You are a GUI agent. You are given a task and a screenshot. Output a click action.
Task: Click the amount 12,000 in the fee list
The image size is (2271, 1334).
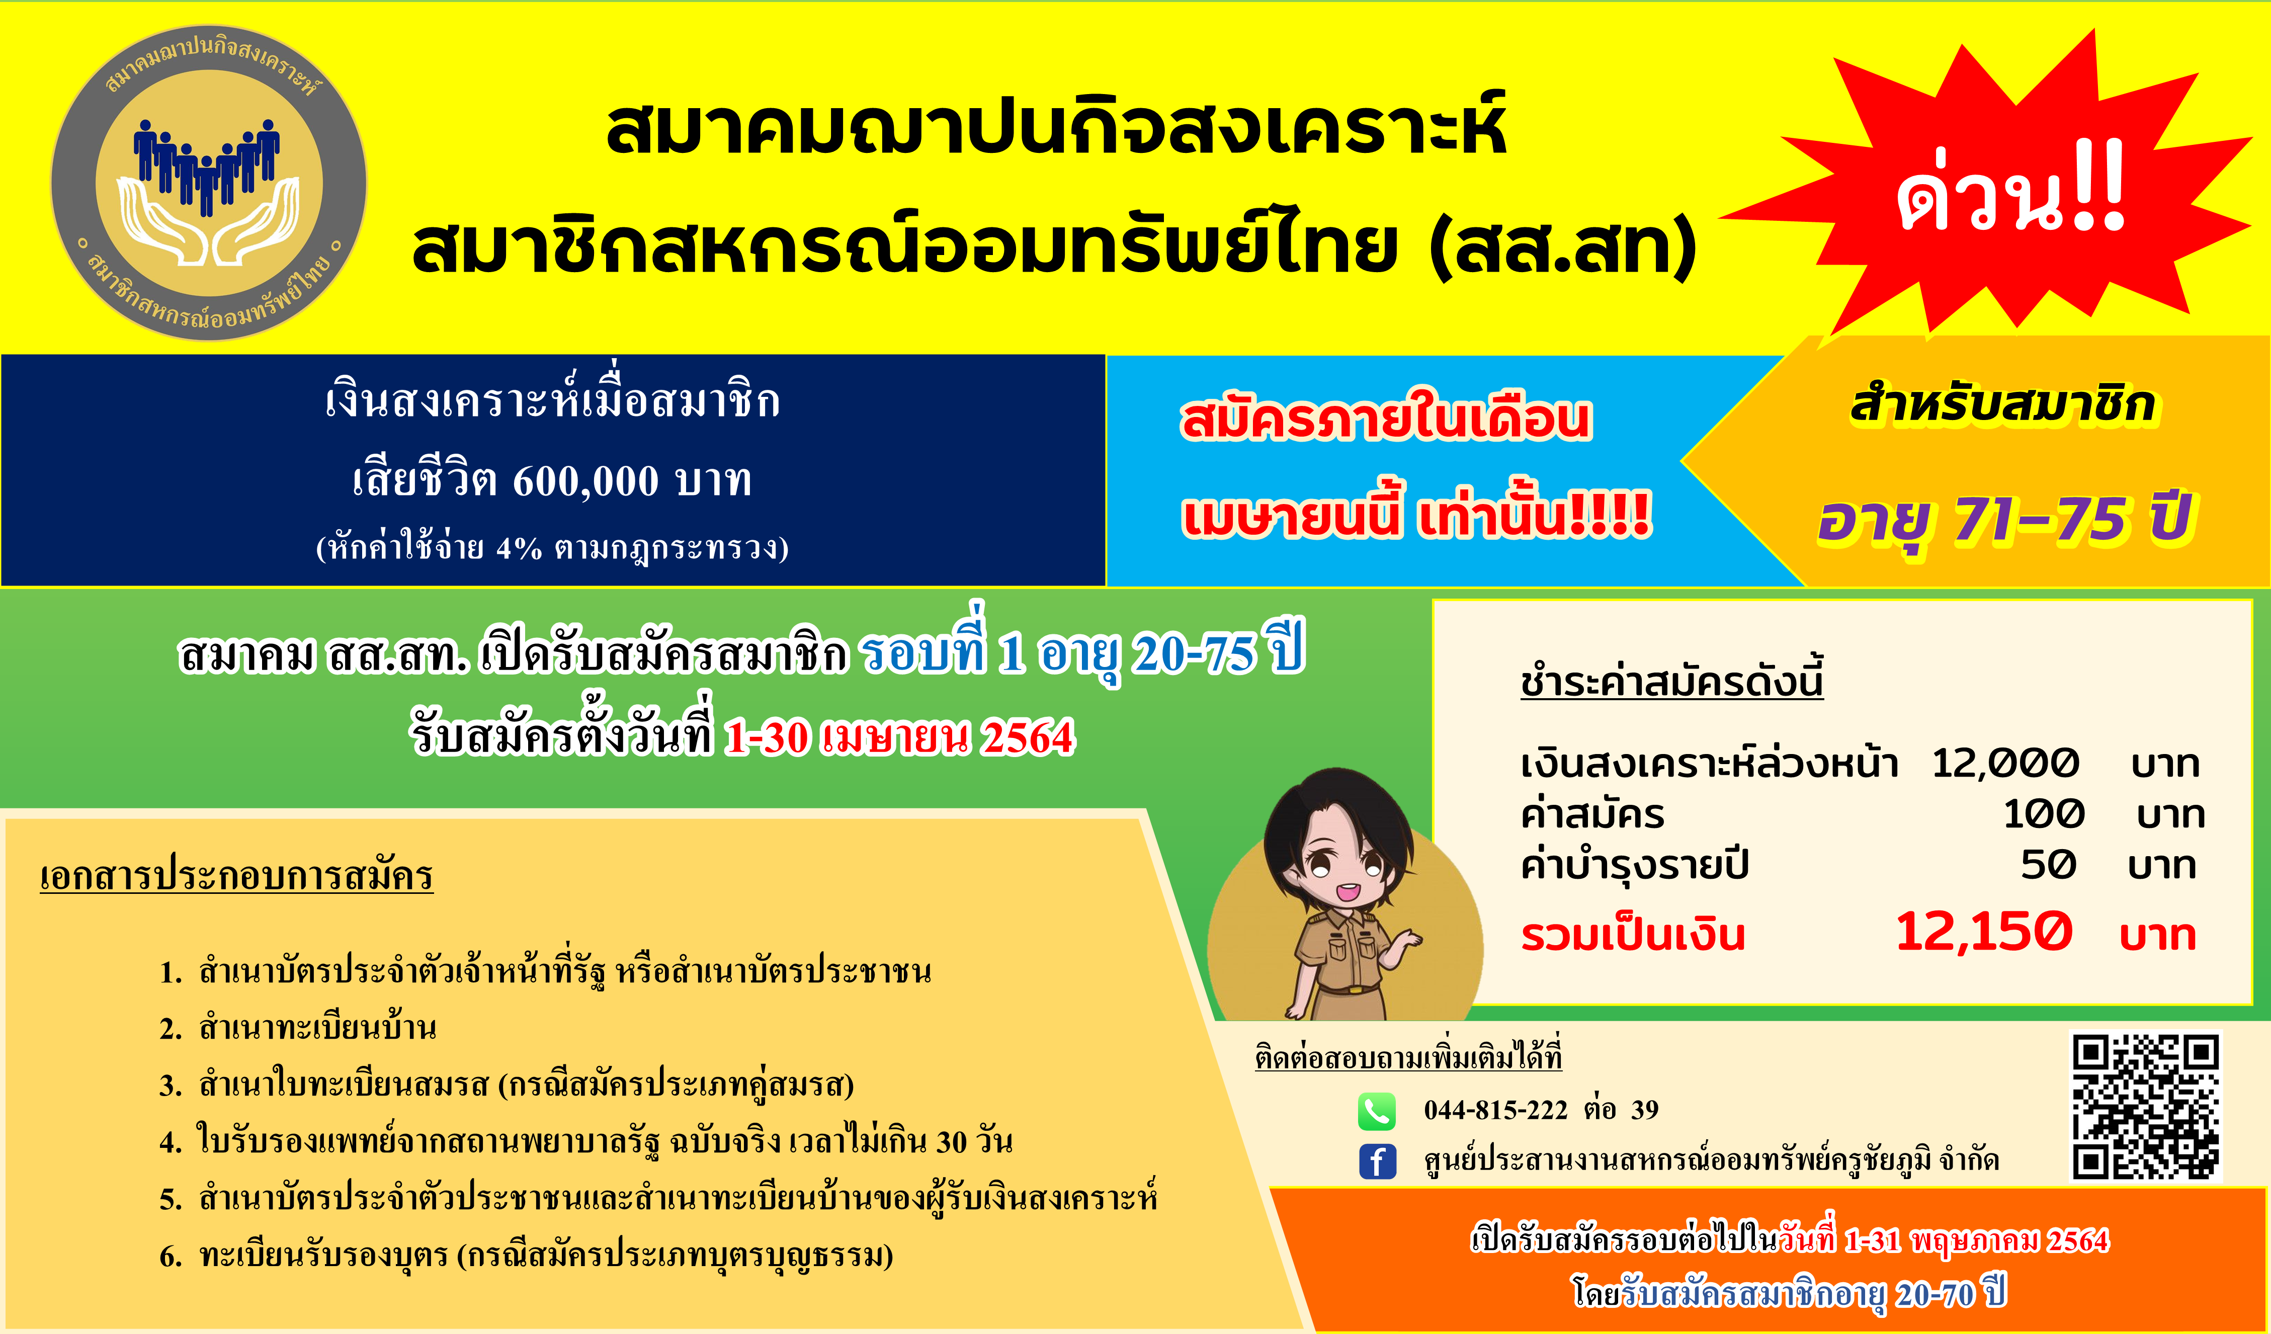tap(2005, 764)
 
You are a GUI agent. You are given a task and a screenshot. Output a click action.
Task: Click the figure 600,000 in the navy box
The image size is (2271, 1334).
tap(586, 480)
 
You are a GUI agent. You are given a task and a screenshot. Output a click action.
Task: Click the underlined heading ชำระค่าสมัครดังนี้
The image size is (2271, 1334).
tap(1672, 681)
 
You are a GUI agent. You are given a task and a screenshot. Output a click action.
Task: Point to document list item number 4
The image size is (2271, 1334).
tap(586, 1142)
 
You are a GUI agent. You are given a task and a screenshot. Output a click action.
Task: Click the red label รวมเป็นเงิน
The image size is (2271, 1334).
tap(1633, 935)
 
